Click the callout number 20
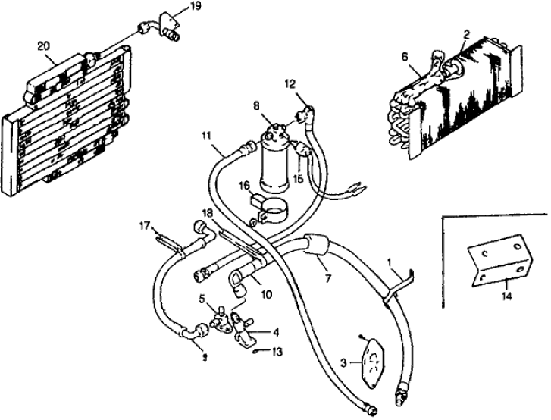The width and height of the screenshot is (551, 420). click(43, 46)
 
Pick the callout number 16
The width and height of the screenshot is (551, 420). click(244, 186)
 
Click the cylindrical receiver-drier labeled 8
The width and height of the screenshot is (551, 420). click(277, 161)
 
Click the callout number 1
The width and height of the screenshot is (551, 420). click(389, 262)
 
